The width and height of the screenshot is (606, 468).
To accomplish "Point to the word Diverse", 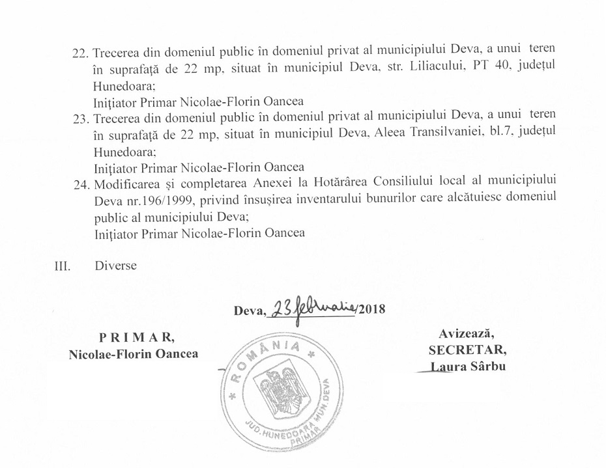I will coord(115,266).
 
